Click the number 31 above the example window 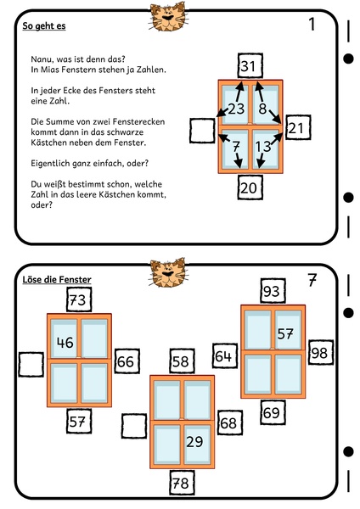coord(250,66)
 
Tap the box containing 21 coord(298,127)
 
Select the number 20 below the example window coord(250,187)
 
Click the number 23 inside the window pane coord(236,109)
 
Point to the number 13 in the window coord(263,147)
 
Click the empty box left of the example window coord(202,131)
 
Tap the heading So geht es coord(44,26)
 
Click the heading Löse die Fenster coord(57,279)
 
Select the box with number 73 coord(79,300)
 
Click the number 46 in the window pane coord(65,343)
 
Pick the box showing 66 coord(127,361)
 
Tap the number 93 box coord(273,291)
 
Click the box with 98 coord(321,353)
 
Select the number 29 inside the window coord(194,441)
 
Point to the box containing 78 coord(183,483)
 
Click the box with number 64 coord(225,356)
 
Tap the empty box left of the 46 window coord(31,365)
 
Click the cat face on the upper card coord(167,16)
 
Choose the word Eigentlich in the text coord(48,163)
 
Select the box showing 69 coord(273,412)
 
